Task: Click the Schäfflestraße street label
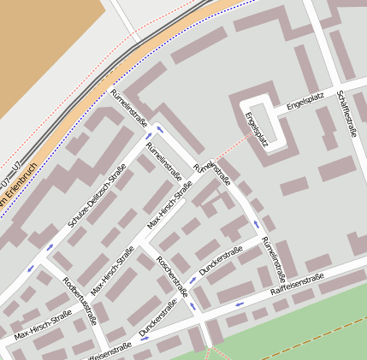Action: click(346, 113)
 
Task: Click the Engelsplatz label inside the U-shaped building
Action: click(256, 129)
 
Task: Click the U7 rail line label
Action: click(9, 182)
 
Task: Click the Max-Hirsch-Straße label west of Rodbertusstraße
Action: click(43, 326)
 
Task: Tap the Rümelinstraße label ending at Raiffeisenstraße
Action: click(272, 258)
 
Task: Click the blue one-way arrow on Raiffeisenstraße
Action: click(239, 304)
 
